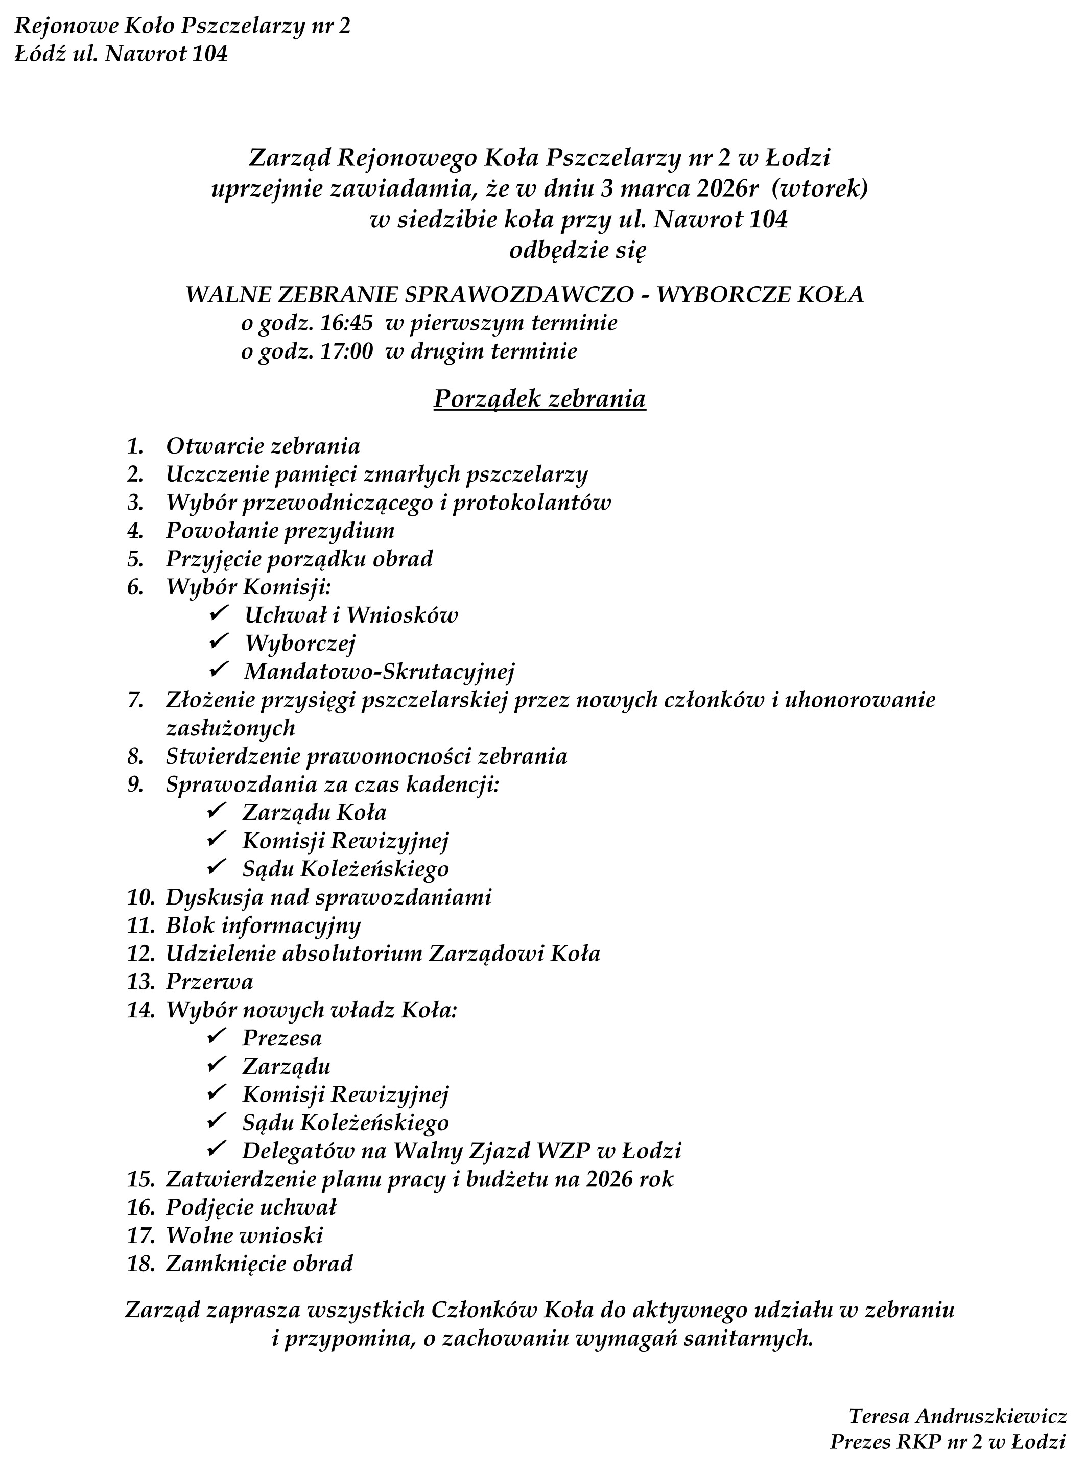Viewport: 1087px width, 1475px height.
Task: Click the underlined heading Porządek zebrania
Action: pos(539,399)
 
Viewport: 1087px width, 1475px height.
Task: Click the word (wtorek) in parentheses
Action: pos(820,189)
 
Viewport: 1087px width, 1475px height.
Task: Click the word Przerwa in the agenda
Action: pos(209,982)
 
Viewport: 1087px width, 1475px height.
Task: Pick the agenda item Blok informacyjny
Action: pos(263,925)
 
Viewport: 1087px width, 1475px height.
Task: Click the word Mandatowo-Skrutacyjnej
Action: pos(379,671)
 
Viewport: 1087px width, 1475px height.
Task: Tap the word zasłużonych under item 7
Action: pos(230,728)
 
